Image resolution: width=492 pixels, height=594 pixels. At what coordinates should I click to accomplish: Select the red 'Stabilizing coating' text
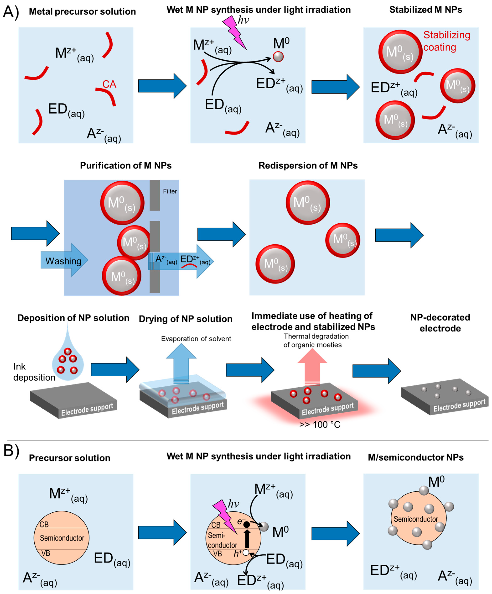click(446, 41)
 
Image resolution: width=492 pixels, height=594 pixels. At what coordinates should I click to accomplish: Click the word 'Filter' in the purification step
click(170, 192)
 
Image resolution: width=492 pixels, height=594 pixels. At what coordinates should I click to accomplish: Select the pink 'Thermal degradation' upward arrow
click(312, 368)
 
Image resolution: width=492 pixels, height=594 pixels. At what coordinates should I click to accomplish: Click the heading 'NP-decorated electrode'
click(440, 323)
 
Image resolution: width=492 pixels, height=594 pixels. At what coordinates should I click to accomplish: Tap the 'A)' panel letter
click(11, 12)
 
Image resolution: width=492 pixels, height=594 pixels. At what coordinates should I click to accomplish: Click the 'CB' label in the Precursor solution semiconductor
click(44, 525)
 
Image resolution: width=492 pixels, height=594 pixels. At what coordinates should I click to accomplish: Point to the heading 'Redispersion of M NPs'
click(308, 166)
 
